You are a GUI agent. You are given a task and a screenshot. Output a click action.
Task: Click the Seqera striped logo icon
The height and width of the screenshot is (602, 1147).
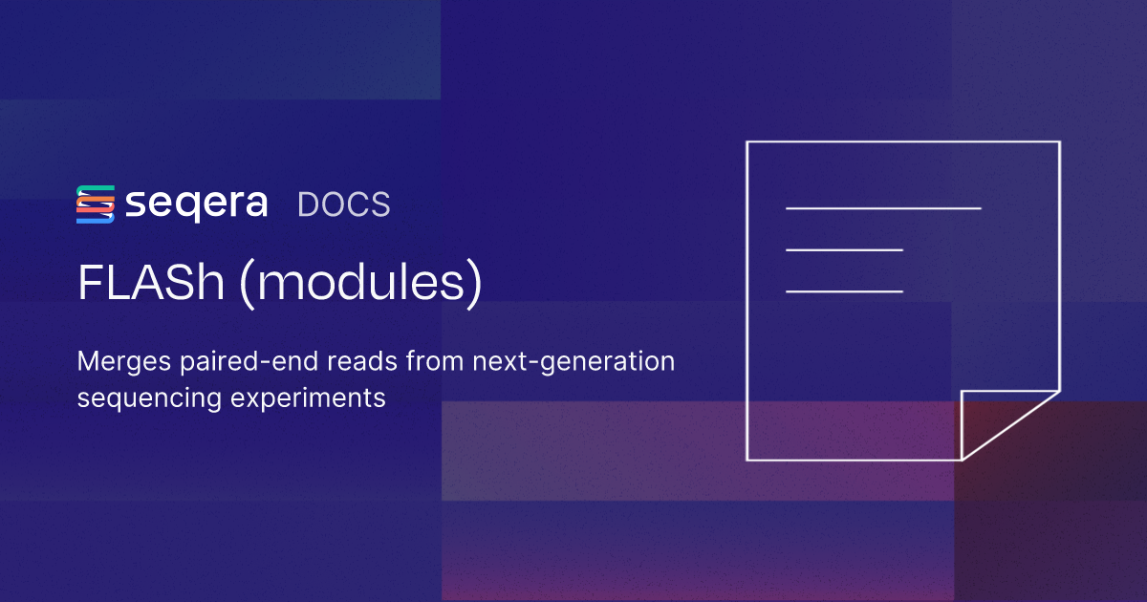tap(95, 204)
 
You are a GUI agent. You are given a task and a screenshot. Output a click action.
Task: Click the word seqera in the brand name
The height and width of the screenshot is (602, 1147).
tap(196, 204)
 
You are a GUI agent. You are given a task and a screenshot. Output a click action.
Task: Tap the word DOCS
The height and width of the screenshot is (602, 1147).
tap(344, 204)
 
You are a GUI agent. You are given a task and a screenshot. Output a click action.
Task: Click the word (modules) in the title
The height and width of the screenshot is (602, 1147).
tap(360, 285)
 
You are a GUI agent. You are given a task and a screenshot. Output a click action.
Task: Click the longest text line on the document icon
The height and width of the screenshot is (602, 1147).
tap(883, 207)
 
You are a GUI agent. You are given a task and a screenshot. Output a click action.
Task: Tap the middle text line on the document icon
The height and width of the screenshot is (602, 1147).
tap(844, 249)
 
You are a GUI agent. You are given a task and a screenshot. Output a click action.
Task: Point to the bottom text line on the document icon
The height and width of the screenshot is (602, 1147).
tap(844, 290)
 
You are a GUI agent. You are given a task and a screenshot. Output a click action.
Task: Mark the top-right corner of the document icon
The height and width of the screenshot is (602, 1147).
tap(1059, 142)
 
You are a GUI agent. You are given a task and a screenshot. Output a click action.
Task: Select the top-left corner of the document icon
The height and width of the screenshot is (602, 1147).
tap(747, 142)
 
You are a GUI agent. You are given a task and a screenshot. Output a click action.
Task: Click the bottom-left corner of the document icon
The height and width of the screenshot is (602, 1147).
tap(747, 460)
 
